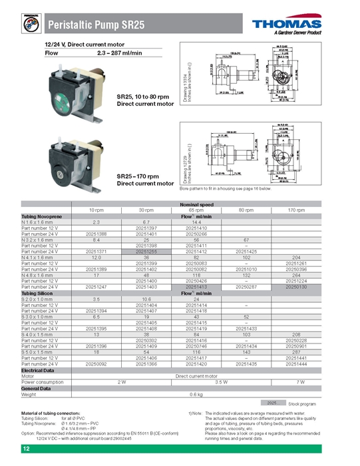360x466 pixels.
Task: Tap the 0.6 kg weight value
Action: pyautogui.click(x=196, y=394)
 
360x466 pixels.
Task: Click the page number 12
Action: pyautogui.click(x=26, y=451)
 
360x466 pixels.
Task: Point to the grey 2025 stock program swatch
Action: pyautogui.click(x=271, y=403)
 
